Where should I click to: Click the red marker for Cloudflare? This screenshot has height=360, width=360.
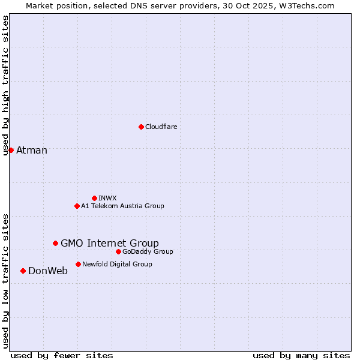(x=141, y=127)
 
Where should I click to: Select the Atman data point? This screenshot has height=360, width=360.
(x=11, y=150)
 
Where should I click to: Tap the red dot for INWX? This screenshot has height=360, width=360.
(x=94, y=198)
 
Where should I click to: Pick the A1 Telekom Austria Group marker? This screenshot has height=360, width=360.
(x=77, y=206)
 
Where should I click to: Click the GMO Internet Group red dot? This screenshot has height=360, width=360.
(x=55, y=243)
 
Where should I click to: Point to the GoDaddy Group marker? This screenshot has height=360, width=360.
(x=118, y=251)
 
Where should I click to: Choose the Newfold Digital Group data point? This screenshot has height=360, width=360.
(x=78, y=264)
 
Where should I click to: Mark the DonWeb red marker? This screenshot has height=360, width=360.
(x=23, y=271)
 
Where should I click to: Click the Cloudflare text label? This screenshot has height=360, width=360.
(x=161, y=127)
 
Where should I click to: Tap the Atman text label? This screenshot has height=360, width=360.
(x=31, y=150)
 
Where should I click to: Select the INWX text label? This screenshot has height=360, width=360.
(x=107, y=198)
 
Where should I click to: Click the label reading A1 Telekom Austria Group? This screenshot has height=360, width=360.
(x=122, y=206)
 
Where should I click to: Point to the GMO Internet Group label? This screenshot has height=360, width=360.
(x=110, y=243)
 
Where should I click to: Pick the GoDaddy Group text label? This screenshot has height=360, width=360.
(x=148, y=251)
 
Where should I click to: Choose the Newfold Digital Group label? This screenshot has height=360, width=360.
(x=117, y=264)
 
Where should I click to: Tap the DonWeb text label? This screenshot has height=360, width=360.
(x=48, y=271)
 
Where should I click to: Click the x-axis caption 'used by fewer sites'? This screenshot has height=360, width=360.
(x=62, y=355)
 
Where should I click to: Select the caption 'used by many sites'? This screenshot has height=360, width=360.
(x=301, y=355)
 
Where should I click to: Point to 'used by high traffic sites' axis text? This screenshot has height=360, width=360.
(x=5, y=85)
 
